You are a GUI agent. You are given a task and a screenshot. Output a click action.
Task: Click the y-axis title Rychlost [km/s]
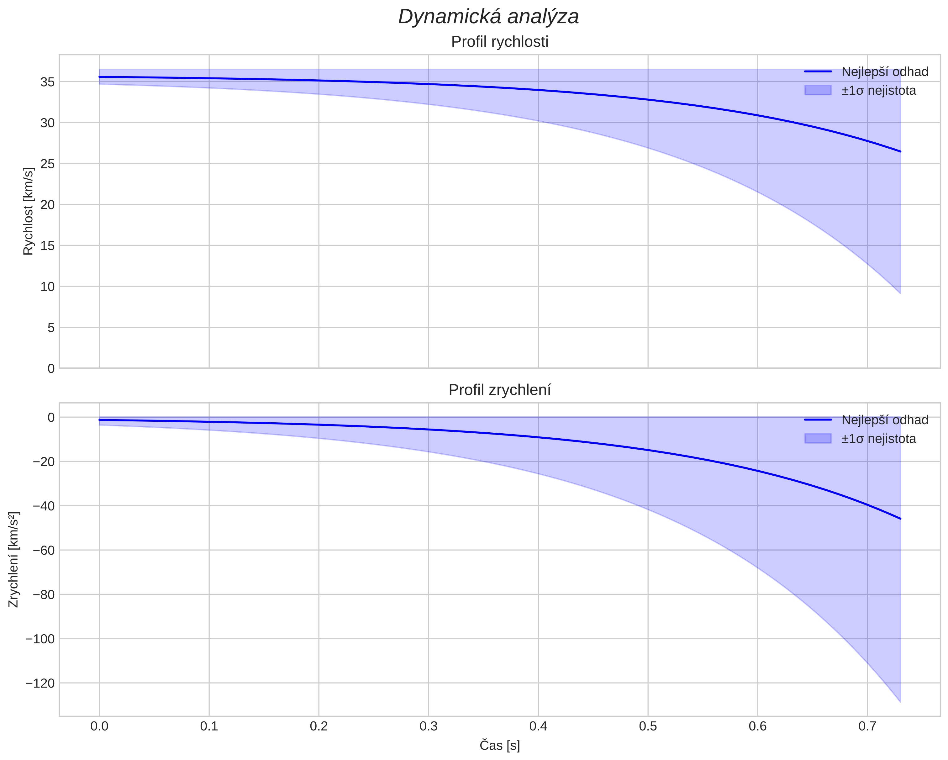click(x=28, y=211)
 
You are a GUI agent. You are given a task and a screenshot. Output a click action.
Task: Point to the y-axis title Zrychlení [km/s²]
click(x=14, y=559)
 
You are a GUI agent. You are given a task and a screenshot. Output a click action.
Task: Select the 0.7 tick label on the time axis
click(x=867, y=726)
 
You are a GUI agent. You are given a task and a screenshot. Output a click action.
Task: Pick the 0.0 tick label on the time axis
click(x=99, y=726)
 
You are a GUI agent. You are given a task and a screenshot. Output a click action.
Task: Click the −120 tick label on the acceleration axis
click(x=40, y=683)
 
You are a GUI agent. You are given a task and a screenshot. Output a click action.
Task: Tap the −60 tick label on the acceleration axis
click(x=43, y=550)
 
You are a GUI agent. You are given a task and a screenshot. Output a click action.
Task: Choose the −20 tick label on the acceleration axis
click(x=43, y=462)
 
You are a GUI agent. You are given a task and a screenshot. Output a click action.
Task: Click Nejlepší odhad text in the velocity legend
click(x=885, y=72)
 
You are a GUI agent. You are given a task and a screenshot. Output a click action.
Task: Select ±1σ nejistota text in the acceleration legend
click(x=878, y=439)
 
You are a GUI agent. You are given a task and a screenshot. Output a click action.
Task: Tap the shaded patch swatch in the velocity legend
click(x=818, y=91)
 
